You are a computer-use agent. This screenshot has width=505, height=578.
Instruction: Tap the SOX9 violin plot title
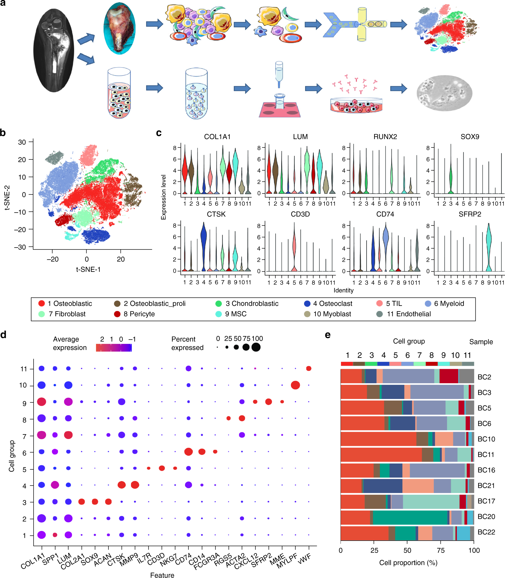coord(470,137)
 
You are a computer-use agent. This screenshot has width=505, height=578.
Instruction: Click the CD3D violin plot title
coord(300,214)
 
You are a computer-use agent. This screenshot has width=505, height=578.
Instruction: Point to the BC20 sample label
coord(486,516)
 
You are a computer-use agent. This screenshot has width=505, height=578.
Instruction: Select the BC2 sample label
coord(484,377)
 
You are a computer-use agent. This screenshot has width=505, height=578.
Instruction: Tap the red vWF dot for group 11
coord(309,369)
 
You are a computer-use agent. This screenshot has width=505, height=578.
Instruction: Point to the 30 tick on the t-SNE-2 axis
coord(22,142)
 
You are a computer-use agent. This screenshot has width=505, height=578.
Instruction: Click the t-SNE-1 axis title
coord(88,269)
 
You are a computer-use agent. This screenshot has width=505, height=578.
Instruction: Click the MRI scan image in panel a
coord(54,50)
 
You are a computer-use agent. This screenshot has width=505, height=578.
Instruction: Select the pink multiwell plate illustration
coord(279,109)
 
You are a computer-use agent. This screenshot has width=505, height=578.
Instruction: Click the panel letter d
coord(3,335)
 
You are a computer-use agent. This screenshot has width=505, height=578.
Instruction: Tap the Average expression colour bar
coord(113,348)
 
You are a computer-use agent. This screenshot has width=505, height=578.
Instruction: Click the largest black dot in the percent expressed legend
coord(256,347)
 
